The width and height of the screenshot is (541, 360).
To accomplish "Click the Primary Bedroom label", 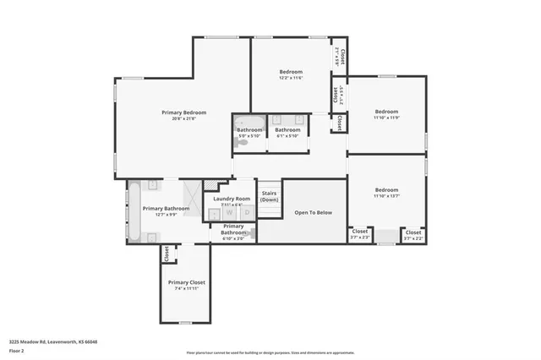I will (x=183, y=112).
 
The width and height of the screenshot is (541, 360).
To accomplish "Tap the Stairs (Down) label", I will (x=270, y=196).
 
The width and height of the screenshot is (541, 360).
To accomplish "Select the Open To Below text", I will (x=313, y=212).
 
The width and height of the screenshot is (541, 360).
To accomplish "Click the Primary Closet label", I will (x=186, y=282).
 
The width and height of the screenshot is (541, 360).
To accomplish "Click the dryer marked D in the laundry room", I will (x=246, y=213).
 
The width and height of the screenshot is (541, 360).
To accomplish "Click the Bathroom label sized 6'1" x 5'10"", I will (x=287, y=129).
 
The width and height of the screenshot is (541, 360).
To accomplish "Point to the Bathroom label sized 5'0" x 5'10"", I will (x=249, y=129).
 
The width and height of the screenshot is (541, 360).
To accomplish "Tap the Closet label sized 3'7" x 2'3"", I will (x=360, y=231).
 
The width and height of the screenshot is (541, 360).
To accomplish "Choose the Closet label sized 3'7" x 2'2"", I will (x=413, y=231).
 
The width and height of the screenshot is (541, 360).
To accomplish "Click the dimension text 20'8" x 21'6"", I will (x=183, y=118).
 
